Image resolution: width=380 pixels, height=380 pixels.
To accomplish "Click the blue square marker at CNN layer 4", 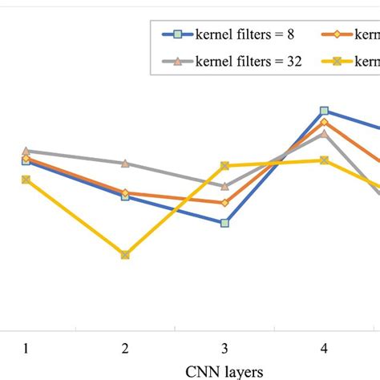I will (x=324, y=111).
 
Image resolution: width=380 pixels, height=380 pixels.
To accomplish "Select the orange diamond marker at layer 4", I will (x=324, y=122).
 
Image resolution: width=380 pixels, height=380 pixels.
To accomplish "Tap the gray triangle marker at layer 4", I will (x=324, y=133).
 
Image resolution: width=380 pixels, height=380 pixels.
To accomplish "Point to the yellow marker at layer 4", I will (x=324, y=160).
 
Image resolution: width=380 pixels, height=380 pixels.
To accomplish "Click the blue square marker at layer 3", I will (x=224, y=223).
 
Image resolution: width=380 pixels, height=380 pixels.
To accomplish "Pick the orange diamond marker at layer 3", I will (x=224, y=202).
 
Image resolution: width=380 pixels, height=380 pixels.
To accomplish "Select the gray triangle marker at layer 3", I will (x=224, y=185).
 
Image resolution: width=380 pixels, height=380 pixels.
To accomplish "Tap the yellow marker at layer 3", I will (x=224, y=166).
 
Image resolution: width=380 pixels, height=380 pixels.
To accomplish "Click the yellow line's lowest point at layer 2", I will (x=125, y=255).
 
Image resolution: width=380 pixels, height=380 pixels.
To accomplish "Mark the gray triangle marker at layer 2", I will (x=125, y=163).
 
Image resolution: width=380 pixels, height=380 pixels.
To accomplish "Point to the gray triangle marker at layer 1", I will (x=26, y=151).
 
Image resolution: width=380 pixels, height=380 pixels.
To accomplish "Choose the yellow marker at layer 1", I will (x=26, y=180).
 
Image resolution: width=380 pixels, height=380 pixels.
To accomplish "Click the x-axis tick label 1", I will (x=26, y=349).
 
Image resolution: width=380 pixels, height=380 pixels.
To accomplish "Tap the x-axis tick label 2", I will (x=125, y=349).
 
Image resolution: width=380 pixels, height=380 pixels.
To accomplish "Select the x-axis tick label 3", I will (x=224, y=349).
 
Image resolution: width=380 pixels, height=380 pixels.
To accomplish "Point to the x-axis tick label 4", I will (x=324, y=349).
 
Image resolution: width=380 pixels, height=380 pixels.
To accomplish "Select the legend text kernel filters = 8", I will (x=245, y=34).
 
